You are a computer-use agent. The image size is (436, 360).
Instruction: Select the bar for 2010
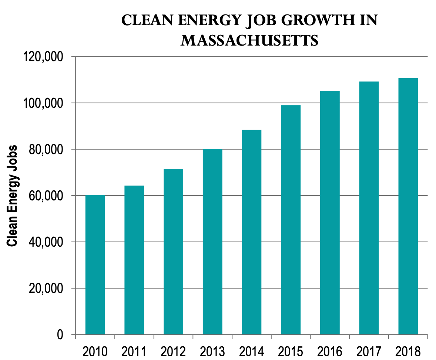[95, 264]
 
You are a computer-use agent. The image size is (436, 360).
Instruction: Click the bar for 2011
[134, 260]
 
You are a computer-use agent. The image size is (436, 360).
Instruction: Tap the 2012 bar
[174, 251]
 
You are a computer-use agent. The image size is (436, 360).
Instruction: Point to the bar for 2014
[252, 232]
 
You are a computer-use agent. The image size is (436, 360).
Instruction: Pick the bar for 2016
[330, 213]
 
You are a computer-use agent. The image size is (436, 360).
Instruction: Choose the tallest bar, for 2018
[408, 206]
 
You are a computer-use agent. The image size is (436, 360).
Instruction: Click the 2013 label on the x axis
[212, 351]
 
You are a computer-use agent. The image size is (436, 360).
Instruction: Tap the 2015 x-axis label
[291, 351]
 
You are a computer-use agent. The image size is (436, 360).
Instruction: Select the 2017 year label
[369, 351]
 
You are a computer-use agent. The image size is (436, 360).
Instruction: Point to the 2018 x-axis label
[408, 351]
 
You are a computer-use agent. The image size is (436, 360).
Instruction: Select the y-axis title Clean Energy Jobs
[12, 196]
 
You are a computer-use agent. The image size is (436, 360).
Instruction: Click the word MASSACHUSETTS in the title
[249, 41]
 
